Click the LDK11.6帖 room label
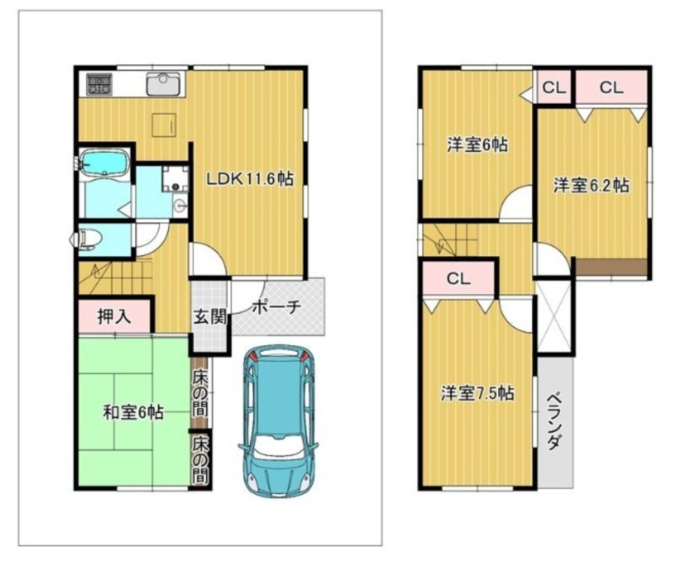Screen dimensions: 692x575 pos(251,179)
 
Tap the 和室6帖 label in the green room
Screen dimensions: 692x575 pos(134,412)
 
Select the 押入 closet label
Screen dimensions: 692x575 pos(114,316)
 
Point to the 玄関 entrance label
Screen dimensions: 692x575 pos(210,316)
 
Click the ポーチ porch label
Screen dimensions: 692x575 pos(276,307)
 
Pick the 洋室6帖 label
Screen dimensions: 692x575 pos(477,145)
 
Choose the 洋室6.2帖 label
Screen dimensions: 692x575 pos(592,185)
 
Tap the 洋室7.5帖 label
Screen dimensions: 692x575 pos(477,393)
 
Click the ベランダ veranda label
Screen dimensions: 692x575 pos(554,421)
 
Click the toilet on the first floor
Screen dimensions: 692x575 pos(87,239)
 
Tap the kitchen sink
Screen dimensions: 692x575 pos(164,84)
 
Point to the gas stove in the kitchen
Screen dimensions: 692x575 pos(99,84)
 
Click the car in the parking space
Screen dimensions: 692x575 pos(278,421)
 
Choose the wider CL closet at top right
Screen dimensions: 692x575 pos(611,87)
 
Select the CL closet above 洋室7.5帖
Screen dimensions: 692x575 pos(459,279)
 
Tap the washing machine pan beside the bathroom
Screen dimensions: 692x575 pos(175,179)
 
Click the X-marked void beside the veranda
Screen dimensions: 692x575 pos(554,316)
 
